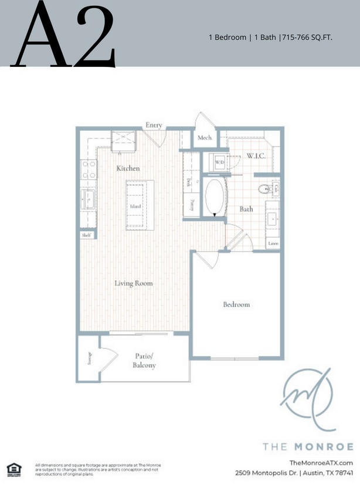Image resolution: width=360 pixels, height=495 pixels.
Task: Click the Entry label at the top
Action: (x=154, y=125)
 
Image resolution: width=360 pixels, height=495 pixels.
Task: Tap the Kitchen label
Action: (x=128, y=168)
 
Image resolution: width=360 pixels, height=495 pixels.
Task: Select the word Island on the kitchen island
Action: (x=135, y=206)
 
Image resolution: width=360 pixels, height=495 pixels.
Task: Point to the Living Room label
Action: (x=134, y=283)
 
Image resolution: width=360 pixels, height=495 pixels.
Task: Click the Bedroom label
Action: (x=236, y=304)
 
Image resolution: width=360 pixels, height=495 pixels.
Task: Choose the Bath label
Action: (x=246, y=209)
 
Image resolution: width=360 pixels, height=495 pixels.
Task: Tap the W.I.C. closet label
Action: (x=256, y=156)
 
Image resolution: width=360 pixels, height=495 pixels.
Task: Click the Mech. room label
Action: (x=205, y=138)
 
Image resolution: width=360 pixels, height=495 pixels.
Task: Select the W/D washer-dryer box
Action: (x=220, y=162)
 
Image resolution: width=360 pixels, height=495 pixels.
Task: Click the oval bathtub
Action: (x=215, y=196)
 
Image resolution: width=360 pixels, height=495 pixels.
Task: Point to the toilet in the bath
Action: (x=263, y=188)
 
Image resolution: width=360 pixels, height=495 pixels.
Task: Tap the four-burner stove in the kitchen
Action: (x=89, y=170)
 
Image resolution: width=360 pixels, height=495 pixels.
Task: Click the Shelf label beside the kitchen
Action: (x=87, y=236)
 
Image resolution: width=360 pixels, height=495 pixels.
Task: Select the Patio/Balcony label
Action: (x=144, y=361)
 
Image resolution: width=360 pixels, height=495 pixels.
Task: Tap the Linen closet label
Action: (x=273, y=242)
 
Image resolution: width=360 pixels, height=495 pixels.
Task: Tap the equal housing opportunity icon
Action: (x=12, y=467)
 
